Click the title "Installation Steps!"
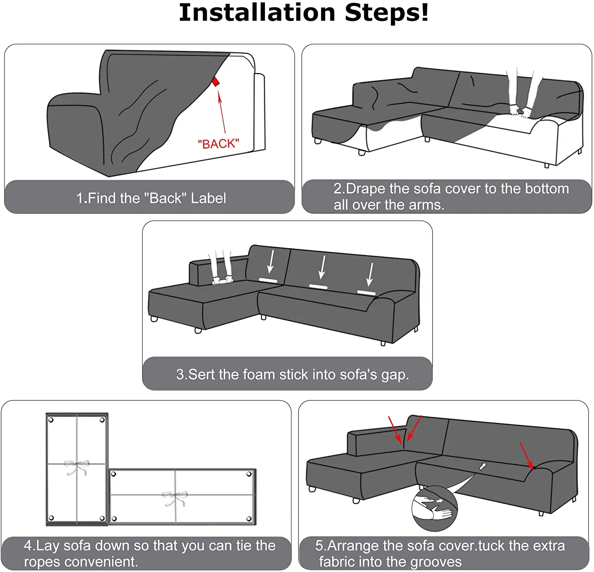pyautogui.click(x=304, y=13)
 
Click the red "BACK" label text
pyautogui.click(x=219, y=143)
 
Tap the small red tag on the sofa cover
pyautogui.click(x=215, y=82)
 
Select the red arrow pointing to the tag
pyautogui.click(x=222, y=112)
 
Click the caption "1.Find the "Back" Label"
pyautogui.click(x=151, y=198)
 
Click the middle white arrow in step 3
pyautogui.click(x=322, y=267)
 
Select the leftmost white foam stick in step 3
pyautogui.click(x=268, y=280)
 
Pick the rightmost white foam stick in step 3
pyautogui.click(x=366, y=293)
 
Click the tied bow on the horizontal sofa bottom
pyautogui.click(x=175, y=498)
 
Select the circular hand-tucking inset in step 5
pyautogui.click(x=434, y=509)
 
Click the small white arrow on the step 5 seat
pyautogui.click(x=483, y=466)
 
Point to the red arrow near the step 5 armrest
pyautogui.click(x=527, y=456)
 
